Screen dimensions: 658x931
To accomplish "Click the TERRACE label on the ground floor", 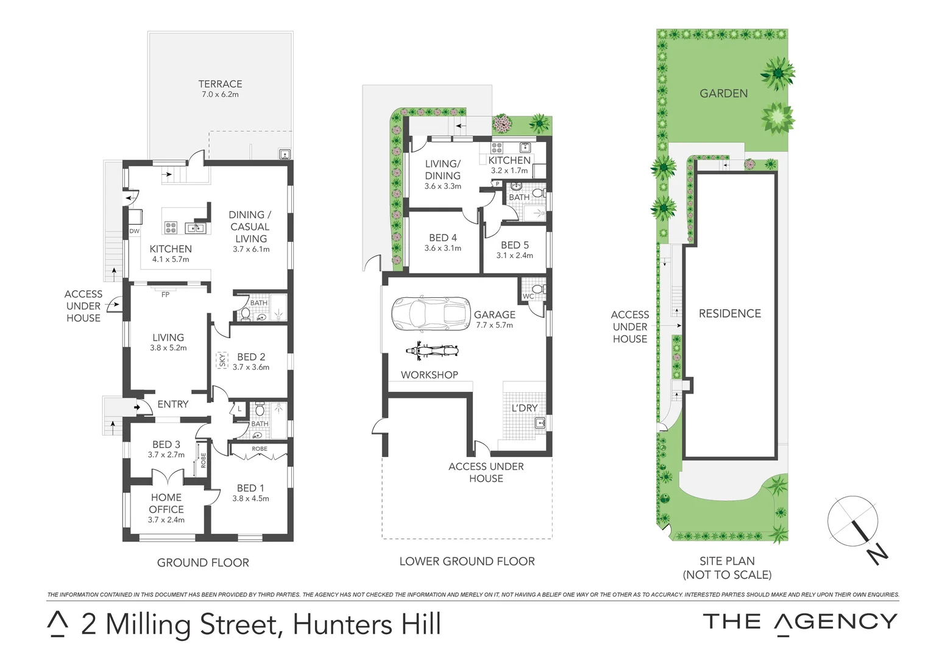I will [x=220, y=84].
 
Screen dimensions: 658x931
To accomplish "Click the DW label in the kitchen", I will [x=135, y=232].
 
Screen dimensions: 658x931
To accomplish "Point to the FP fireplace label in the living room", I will [x=165, y=295].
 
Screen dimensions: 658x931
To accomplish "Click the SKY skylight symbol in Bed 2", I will [x=222, y=360].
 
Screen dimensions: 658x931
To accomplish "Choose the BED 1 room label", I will [x=250, y=488].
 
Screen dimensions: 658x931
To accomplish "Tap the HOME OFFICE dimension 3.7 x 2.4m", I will [x=166, y=520].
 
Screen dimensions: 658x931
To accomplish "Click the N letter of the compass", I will [x=877, y=554].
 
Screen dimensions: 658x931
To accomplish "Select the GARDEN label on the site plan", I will [x=723, y=93].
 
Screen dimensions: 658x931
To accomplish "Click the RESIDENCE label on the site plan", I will [x=729, y=314].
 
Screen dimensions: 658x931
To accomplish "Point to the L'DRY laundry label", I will [x=524, y=408].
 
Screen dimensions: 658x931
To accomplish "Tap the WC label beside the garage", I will [x=528, y=297].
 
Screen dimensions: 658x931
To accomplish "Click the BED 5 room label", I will [x=514, y=245].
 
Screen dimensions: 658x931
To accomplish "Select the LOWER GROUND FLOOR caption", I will [x=467, y=561].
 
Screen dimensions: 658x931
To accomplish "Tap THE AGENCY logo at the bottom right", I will [x=799, y=622].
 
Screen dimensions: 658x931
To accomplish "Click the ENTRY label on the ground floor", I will [x=172, y=404].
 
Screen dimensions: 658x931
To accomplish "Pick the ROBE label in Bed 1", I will [x=260, y=449].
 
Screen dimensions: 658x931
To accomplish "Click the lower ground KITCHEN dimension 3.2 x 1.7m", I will [x=509, y=171].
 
